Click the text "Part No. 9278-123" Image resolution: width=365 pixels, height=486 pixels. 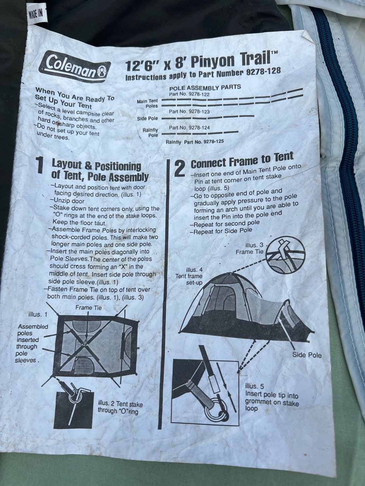click(189, 112)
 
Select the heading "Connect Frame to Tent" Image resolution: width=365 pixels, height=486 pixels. click(242, 160)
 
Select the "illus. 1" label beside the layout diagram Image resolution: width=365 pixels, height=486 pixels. click(38, 315)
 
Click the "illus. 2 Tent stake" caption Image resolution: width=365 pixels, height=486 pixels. click(120, 404)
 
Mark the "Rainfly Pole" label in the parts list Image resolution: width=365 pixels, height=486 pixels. click(150, 132)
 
